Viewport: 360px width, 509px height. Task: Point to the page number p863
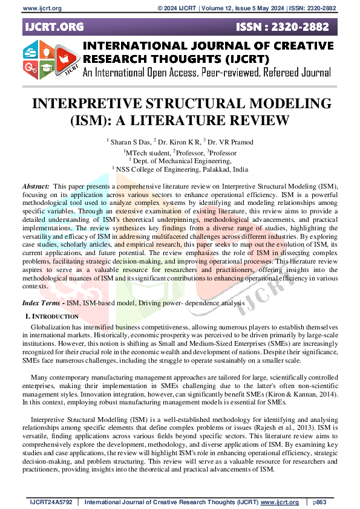coord(321,502)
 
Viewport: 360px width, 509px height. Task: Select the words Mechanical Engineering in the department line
coord(201,161)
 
